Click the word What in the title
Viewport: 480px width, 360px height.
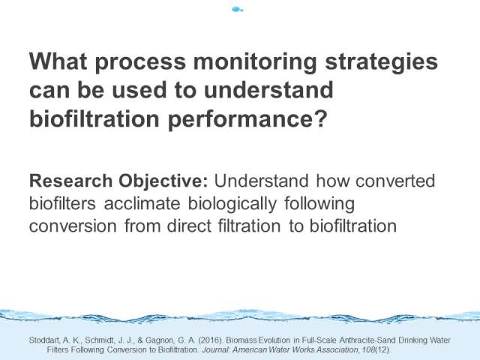58,61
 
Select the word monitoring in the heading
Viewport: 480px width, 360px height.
255,63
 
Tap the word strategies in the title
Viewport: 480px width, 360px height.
381,63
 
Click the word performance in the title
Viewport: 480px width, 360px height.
247,120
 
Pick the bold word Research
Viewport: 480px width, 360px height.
70,181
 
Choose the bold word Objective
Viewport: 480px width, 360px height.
163,181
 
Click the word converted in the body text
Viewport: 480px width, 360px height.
395,181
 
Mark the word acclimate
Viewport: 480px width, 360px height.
142,203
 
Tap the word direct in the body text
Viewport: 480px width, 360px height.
189,226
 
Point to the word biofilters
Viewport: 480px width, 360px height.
62,203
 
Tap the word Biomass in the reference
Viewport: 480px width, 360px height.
241,340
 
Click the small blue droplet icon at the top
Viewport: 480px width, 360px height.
237,10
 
